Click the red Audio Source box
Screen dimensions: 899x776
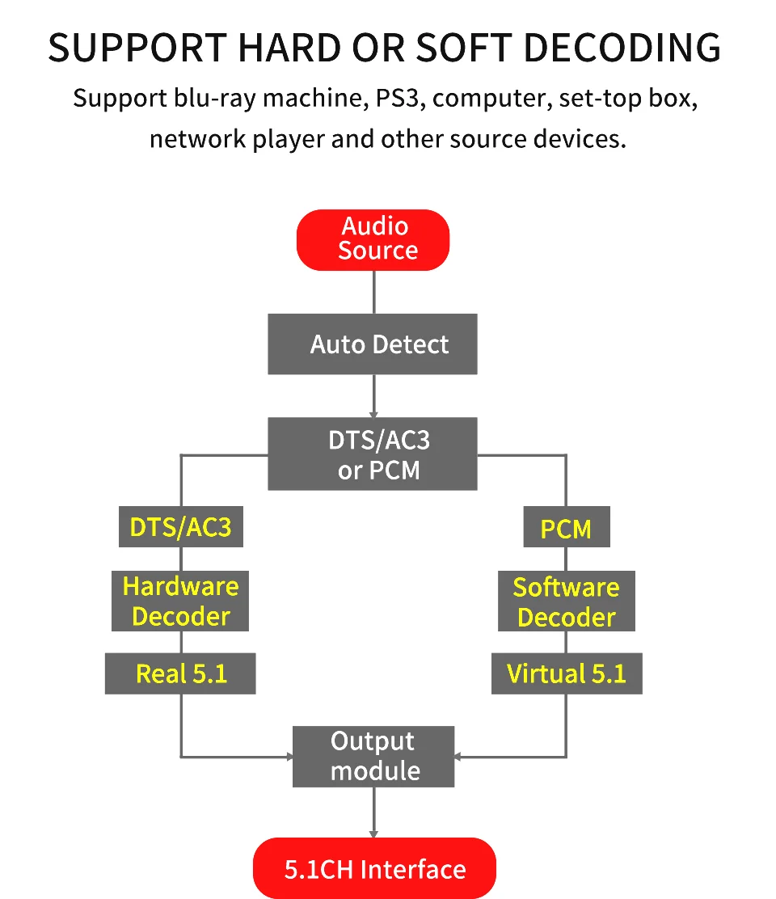(373, 239)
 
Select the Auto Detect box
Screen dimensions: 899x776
(373, 344)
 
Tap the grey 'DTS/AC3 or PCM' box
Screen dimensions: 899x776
(373, 454)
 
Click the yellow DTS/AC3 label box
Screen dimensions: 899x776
(180, 527)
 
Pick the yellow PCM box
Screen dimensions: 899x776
(566, 529)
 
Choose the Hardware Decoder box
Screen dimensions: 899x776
(180, 601)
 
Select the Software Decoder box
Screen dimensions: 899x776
(566, 601)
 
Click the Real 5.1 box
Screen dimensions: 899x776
(180, 673)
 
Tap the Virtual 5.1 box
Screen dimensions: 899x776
(566, 673)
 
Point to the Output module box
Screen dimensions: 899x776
(373, 756)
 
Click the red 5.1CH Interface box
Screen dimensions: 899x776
(374, 869)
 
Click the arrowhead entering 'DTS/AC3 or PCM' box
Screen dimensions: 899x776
(373, 413)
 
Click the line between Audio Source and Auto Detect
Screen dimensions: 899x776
(373, 292)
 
